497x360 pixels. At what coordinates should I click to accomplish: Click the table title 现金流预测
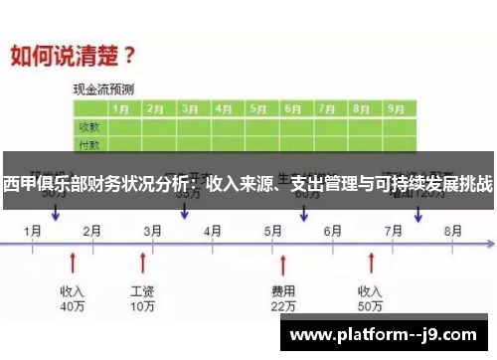(104, 89)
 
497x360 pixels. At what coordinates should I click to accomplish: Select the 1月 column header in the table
(122, 108)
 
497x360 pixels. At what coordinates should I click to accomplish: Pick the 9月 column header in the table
(395, 108)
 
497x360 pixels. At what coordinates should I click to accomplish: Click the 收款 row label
(88, 126)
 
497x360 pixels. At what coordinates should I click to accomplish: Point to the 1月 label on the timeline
(33, 230)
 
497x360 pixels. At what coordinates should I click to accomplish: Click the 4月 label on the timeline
(213, 230)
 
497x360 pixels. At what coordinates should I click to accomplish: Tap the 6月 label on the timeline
(333, 230)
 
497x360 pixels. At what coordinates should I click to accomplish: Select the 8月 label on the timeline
(452, 230)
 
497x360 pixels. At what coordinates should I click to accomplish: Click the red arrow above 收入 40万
(72, 263)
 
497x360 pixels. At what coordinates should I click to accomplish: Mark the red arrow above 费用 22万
(283, 263)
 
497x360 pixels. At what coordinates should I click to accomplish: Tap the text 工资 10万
(142, 299)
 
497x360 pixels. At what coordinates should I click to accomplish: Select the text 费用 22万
(283, 299)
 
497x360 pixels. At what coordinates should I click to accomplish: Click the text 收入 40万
(72, 299)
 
